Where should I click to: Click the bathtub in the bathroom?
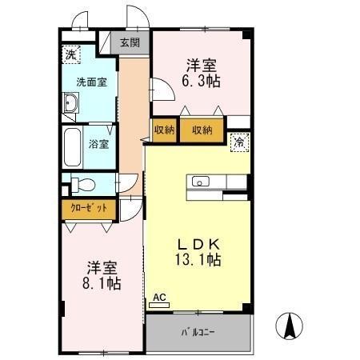pyautogui.click(x=73, y=146)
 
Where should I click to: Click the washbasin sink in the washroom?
pyautogui.click(x=70, y=103)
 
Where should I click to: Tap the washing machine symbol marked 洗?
pyautogui.click(x=71, y=55)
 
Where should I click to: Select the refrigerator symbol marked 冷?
pyautogui.click(x=238, y=142)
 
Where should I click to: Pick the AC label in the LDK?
pyautogui.click(x=158, y=298)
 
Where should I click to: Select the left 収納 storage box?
pyautogui.click(x=163, y=130)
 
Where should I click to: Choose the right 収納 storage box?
pyautogui.click(x=202, y=130)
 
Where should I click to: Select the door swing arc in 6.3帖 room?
pyautogui.click(x=160, y=90)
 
